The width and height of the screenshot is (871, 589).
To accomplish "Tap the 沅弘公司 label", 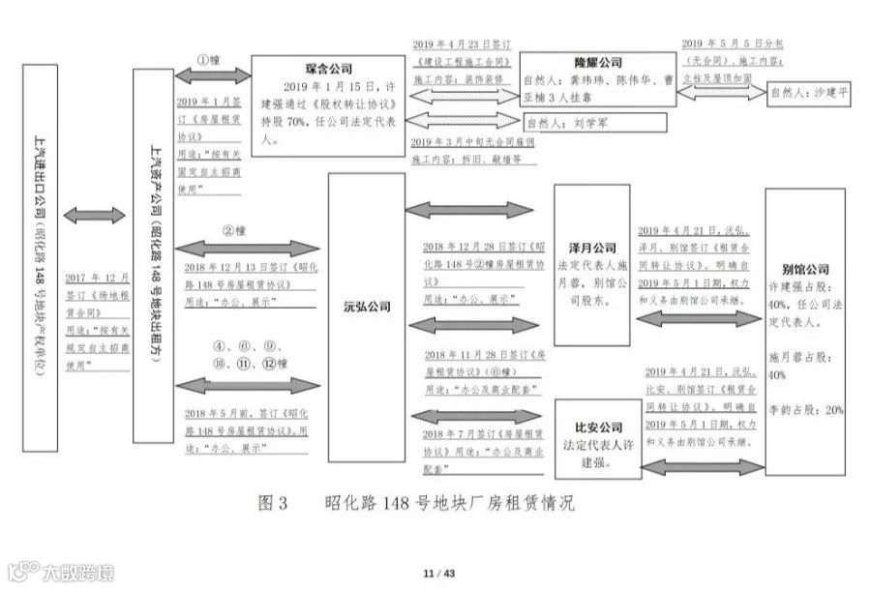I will [x=367, y=307].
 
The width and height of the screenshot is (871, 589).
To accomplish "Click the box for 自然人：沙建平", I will [x=810, y=95].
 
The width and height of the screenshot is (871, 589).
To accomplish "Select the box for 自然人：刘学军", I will [x=595, y=123].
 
